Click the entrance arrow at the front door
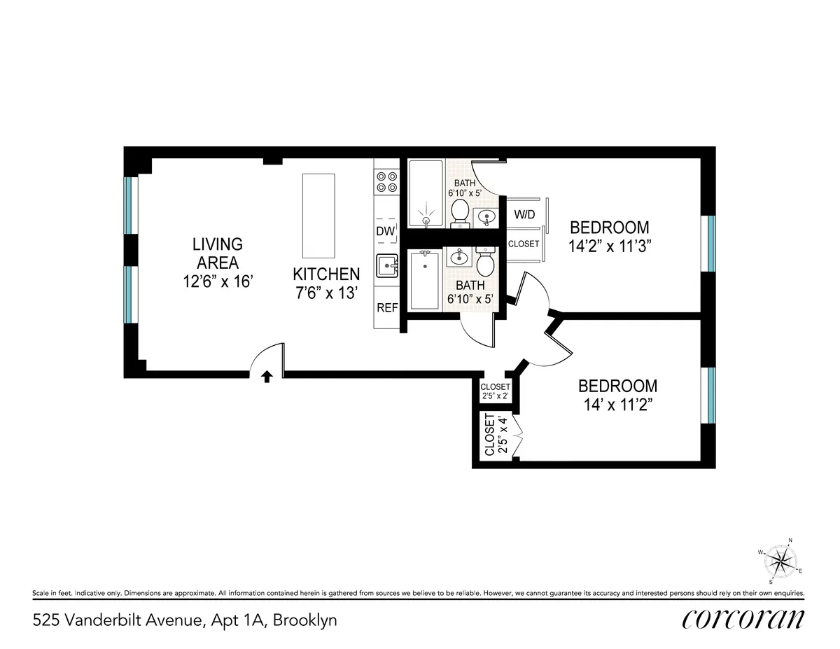click(x=267, y=377)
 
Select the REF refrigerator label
click(x=386, y=307)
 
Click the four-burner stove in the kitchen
click(x=386, y=181)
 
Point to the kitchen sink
click(x=386, y=267)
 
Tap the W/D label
click(x=525, y=214)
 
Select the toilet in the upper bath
click(x=460, y=211)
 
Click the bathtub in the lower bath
click(x=425, y=281)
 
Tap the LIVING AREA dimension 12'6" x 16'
click(x=218, y=281)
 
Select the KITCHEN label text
click(x=326, y=274)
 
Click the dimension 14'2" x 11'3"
click(x=609, y=246)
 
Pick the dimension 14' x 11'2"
click(x=617, y=405)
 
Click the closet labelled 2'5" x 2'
click(x=496, y=391)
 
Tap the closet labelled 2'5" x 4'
click(x=496, y=435)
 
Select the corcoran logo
click(x=743, y=620)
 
